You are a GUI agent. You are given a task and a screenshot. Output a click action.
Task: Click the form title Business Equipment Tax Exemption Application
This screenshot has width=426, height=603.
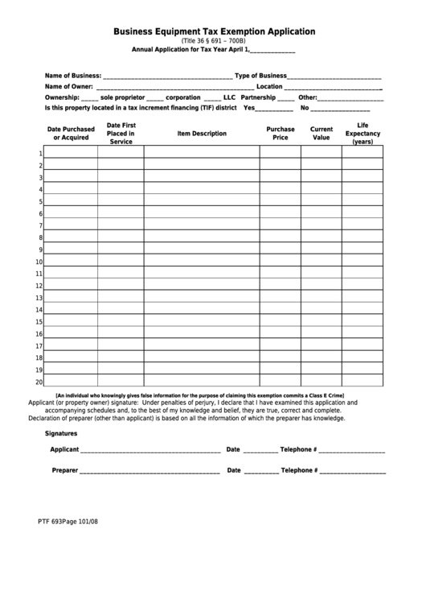[214, 31]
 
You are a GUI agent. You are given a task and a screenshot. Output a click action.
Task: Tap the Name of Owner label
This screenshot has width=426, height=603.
[69, 86]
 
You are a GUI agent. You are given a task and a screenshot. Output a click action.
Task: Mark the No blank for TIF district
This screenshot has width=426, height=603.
[340, 107]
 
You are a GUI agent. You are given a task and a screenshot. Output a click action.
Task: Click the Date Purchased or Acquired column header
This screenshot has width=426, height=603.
[71, 133]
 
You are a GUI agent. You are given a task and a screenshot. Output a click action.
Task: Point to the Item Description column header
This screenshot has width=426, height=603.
[202, 133]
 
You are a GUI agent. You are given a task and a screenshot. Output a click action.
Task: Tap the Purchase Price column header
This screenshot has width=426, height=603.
[280, 133]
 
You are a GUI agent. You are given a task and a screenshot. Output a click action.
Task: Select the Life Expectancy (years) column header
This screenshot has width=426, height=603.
[362, 134]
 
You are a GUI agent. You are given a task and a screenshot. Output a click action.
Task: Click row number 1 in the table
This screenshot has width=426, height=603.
[40, 155]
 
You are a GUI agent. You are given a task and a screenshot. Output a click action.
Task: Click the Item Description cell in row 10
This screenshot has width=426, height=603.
[201, 262]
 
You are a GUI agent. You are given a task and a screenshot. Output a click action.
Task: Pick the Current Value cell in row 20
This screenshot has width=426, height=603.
[321, 381]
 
